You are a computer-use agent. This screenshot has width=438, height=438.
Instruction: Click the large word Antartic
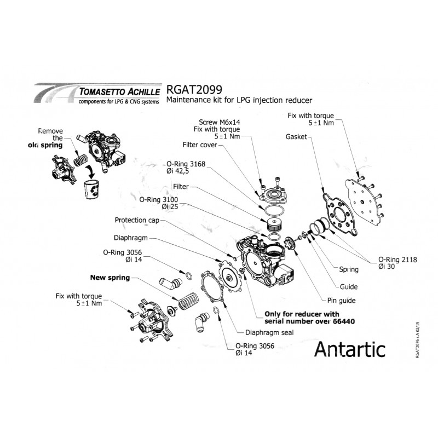(x=350, y=348)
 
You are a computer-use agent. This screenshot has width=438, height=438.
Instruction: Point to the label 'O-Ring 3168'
(x=183, y=163)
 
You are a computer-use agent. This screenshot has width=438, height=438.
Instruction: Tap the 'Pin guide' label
(x=342, y=300)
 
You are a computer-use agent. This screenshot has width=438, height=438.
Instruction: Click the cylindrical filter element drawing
(x=272, y=225)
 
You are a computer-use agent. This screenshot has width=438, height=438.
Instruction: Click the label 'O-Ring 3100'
(x=159, y=200)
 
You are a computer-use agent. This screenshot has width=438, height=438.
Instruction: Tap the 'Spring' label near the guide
(x=349, y=269)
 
